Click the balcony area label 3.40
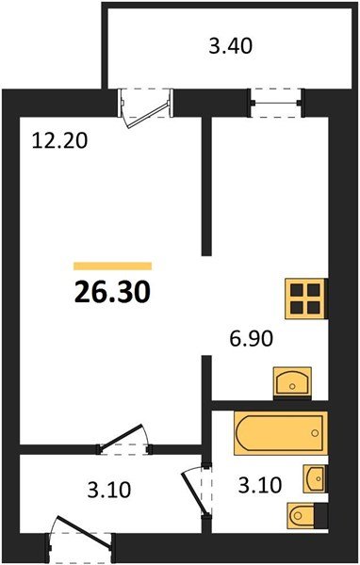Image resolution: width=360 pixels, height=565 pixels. point(230,47)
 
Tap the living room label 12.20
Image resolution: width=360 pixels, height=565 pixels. point(59,140)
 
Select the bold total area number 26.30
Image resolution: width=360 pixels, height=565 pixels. point(112,292)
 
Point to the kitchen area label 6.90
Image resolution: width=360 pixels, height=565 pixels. point(251,339)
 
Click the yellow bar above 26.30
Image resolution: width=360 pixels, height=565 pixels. point(112,266)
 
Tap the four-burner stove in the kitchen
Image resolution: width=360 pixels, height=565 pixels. point(306,299)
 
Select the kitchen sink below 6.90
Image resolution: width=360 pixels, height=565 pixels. point(292,382)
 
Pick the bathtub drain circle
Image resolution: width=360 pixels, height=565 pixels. point(315,433)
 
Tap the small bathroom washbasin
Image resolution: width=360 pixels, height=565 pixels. point(315,478)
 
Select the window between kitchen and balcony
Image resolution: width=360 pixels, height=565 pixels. point(276,103)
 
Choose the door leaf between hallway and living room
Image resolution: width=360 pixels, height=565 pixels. point(122,438)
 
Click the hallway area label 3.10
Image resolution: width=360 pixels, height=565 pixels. point(109,491)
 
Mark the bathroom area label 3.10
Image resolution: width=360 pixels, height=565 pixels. point(260,485)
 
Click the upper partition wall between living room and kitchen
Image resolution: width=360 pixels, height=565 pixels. point(206,186)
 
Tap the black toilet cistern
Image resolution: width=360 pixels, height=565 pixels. point(320,516)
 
